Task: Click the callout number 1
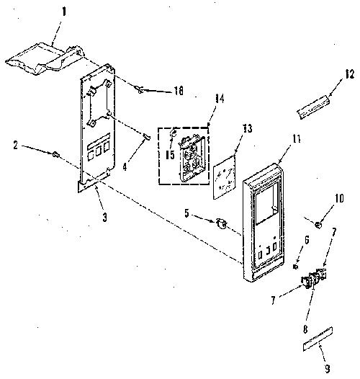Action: tap(64, 12)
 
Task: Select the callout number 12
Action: tap(349, 74)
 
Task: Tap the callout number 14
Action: tap(219, 99)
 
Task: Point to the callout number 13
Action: tap(247, 128)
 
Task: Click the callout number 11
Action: tap(296, 139)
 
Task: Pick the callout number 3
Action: tap(104, 218)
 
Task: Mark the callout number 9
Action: tap(327, 369)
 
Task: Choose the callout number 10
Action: tap(339, 198)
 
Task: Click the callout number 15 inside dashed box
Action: tap(170, 155)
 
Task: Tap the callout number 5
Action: tap(186, 213)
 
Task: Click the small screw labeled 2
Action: tap(56, 153)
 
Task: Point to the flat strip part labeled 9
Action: tap(318, 339)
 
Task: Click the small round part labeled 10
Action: tap(319, 225)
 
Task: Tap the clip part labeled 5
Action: tap(221, 223)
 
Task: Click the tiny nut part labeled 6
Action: tap(295, 267)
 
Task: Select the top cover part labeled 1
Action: tap(45, 58)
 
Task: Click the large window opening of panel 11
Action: tap(266, 203)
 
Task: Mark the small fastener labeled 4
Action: tap(147, 136)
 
